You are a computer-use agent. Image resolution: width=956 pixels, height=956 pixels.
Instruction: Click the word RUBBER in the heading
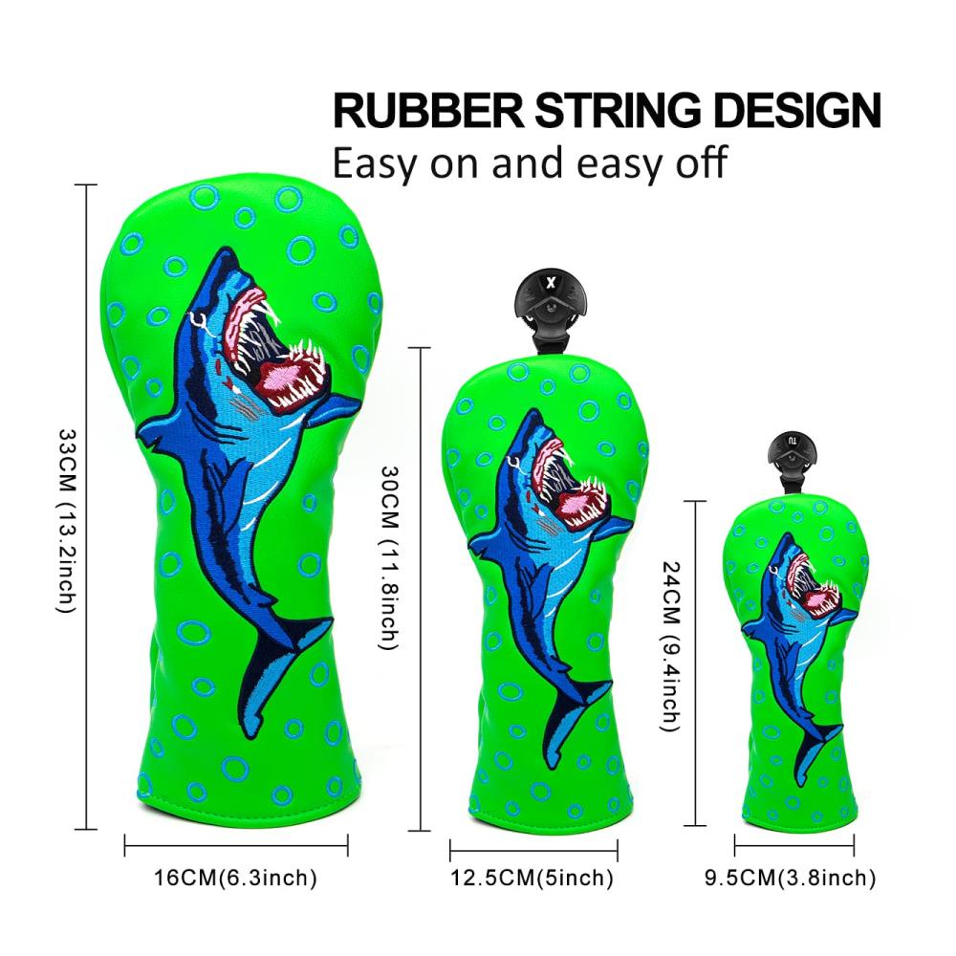click(x=428, y=110)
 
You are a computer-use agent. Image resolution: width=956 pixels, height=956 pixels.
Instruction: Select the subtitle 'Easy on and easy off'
click(x=530, y=163)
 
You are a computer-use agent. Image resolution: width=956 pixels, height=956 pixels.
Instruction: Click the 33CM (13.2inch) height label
click(x=67, y=520)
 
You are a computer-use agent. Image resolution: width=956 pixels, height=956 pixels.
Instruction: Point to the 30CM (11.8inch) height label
click(x=389, y=557)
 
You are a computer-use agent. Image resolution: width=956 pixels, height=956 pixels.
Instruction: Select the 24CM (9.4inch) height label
click(x=670, y=645)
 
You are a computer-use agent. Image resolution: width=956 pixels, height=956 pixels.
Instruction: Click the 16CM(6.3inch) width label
click(x=235, y=878)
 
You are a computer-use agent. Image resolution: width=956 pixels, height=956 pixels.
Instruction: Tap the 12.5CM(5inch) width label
click(x=532, y=878)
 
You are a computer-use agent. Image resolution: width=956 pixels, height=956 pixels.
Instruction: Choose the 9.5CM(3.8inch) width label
click(x=791, y=878)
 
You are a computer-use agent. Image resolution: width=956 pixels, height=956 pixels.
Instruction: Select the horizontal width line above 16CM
click(x=236, y=845)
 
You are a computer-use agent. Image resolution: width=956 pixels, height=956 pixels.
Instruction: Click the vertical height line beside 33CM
click(x=87, y=507)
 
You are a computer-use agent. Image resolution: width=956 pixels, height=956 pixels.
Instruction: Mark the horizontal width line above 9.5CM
click(x=794, y=845)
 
